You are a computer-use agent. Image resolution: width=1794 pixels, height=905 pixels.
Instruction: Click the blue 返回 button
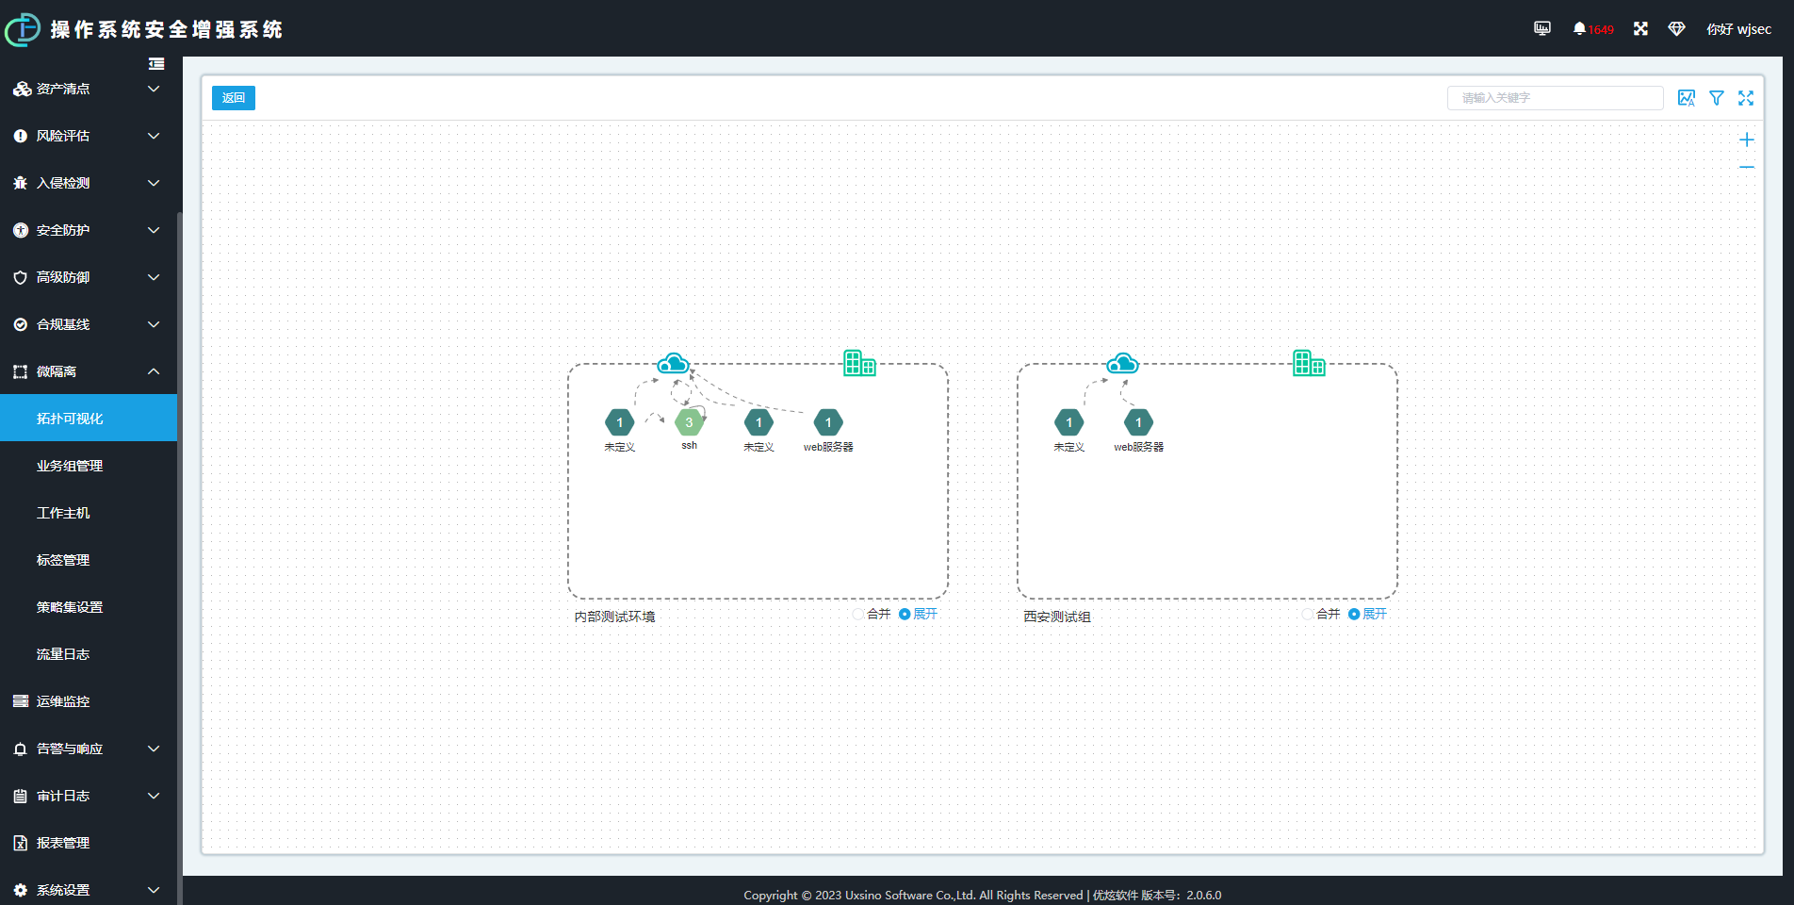point(233,98)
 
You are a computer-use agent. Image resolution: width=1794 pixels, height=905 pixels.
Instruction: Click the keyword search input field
point(1555,98)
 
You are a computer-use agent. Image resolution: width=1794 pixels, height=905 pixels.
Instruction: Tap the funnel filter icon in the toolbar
point(1717,98)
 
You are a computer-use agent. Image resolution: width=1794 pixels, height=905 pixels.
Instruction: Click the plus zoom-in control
point(1746,140)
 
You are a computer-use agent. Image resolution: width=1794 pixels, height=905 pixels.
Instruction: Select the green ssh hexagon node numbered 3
point(689,422)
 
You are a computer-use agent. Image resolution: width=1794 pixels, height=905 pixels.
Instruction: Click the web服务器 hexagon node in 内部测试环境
point(828,422)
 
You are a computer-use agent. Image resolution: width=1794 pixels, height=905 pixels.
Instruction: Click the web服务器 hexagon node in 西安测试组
point(1138,422)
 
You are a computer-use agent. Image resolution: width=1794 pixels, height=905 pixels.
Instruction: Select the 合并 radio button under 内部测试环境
point(858,615)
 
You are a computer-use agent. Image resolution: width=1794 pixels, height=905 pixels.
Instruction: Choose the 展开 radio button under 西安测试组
point(1354,615)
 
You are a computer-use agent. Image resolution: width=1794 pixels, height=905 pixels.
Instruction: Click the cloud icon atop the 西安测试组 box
point(1122,364)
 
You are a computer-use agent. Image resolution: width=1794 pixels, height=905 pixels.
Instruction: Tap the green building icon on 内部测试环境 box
point(859,363)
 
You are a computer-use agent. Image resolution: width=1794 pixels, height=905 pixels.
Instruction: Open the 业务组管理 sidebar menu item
point(70,466)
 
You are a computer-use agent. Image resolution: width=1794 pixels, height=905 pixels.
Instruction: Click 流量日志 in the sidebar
point(63,654)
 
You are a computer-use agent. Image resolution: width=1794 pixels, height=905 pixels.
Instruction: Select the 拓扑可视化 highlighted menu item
point(70,419)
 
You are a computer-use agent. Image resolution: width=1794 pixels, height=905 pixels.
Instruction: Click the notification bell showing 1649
point(1580,29)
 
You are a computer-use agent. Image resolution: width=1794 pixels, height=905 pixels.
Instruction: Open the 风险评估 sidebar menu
point(63,136)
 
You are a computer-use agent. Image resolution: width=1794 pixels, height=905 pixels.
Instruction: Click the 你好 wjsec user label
point(1738,29)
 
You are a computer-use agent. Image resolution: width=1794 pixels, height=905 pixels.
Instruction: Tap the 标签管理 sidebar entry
point(63,560)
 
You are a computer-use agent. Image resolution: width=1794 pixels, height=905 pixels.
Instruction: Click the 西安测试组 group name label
point(1057,617)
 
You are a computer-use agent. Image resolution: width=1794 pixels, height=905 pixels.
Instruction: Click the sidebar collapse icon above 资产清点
point(156,64)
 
